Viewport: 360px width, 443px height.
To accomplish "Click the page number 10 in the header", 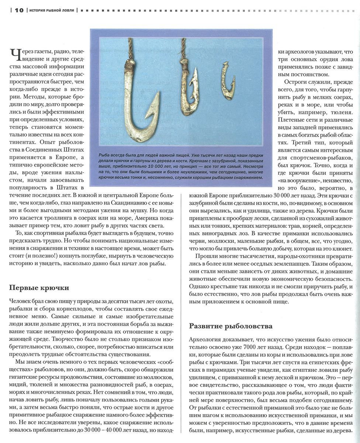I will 19,10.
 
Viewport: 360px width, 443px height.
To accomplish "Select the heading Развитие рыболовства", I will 231,326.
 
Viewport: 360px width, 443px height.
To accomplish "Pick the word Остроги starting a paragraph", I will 294,82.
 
